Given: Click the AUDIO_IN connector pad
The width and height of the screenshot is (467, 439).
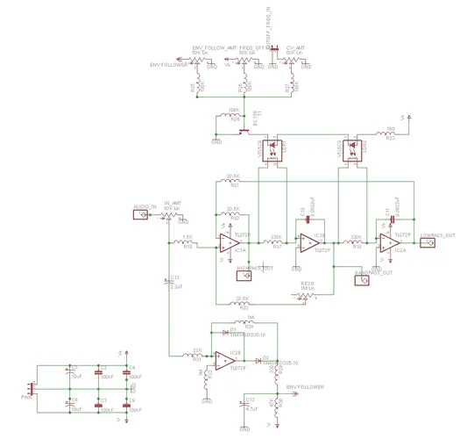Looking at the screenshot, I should pyautogui.click(x=138, y=213).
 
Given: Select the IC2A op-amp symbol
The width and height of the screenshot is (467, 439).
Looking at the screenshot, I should pyautogui.click(x=389, y=243).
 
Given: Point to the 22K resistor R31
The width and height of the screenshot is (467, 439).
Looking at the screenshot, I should pyautogui.click(x=196, y=354).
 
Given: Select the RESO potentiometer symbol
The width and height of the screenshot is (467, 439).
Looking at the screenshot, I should pyautogui.click(x=305, y=296).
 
